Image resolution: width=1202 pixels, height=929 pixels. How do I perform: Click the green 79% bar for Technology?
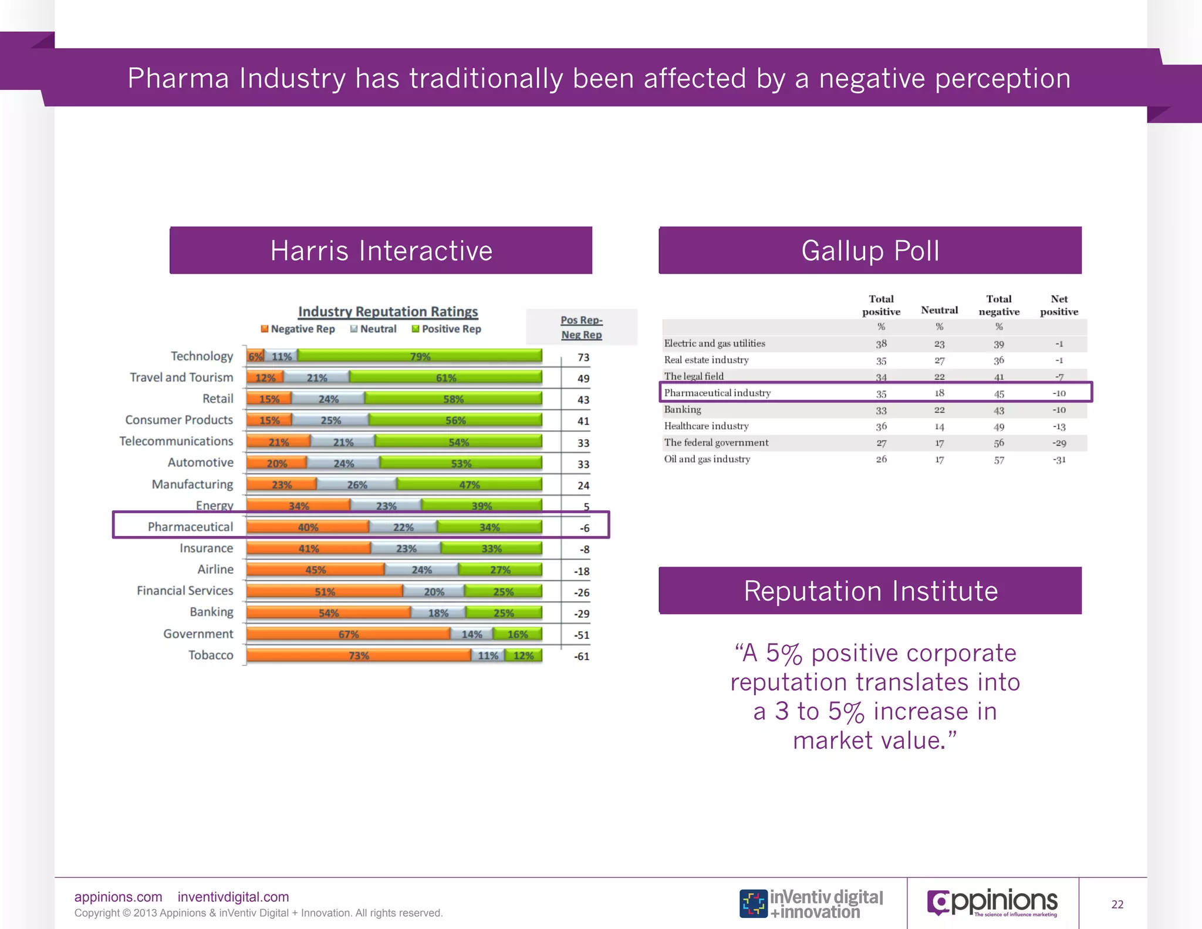coord(420,356)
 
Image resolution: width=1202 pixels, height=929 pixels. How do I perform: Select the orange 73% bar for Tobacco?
coord(358,655)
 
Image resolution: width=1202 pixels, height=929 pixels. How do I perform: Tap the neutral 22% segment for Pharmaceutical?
coord(403,527)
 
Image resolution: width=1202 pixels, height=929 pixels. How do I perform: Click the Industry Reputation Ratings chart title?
coord(388,311)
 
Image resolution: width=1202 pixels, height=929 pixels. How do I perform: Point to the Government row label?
coord(198,634)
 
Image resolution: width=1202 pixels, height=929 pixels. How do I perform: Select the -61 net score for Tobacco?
coord(581,656)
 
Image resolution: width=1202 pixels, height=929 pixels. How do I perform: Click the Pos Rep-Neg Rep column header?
coord(581,327)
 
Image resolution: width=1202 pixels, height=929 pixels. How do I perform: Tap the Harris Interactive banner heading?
coord(381,251)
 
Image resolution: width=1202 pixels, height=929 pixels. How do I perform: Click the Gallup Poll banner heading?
coord(870,251)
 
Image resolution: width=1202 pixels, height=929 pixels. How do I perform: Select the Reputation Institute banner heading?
coord(870,591)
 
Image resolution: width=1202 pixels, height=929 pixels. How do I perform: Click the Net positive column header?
coord(1059,305)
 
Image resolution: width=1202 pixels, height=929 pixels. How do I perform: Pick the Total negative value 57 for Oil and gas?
coord(999,460)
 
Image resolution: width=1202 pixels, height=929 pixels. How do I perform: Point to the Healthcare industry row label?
coord(706,426)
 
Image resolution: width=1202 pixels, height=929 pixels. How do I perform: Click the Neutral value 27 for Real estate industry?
coord(939,360)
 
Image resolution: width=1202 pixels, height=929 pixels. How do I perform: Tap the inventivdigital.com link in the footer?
coord(233,897)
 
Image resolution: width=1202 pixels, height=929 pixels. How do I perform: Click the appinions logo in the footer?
coord(992,903)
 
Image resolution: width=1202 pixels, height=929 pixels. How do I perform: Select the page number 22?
coord(1117,904)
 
